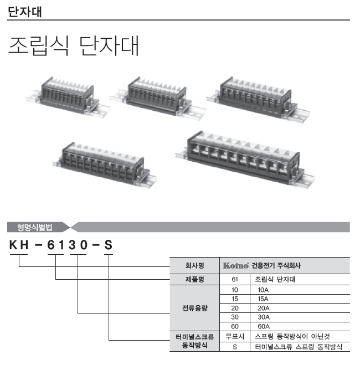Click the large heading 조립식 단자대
coord(74,46)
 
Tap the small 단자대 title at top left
coord(25,12)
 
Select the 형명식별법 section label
coord(34,227)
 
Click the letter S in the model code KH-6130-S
coord(109,245)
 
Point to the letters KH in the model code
coord(19,245)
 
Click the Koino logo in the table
coord(236,265)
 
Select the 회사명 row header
coord(194,265)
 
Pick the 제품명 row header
coord(194,279)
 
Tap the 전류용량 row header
coord(194,308)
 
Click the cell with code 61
coord(235,279)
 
